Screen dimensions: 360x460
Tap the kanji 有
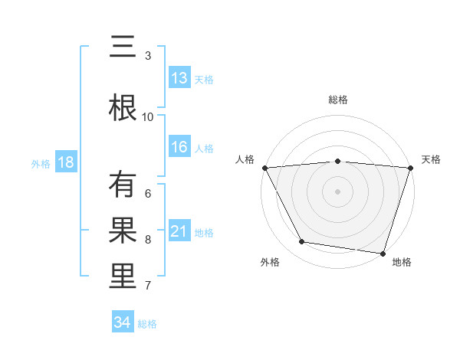coord(123,185)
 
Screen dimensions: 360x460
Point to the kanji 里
coord(123,277)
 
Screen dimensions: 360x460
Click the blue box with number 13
coord(179,78)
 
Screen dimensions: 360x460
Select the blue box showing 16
coord(179,148)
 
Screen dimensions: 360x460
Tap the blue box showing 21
coord(179,231)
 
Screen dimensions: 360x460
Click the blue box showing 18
coord(66,162)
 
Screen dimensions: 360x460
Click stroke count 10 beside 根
coord(148,116)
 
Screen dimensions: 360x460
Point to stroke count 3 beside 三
coord(148,55)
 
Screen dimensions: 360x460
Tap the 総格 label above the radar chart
coord(337,100)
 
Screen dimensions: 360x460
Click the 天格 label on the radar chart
coord(432,159)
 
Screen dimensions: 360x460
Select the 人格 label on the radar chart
coord(245,159)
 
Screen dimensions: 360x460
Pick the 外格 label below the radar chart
coord(270,262)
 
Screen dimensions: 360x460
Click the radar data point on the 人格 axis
coord(264,167)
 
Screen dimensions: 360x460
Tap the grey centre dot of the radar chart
coord(337,191)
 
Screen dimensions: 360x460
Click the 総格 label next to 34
coord(147,324)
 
